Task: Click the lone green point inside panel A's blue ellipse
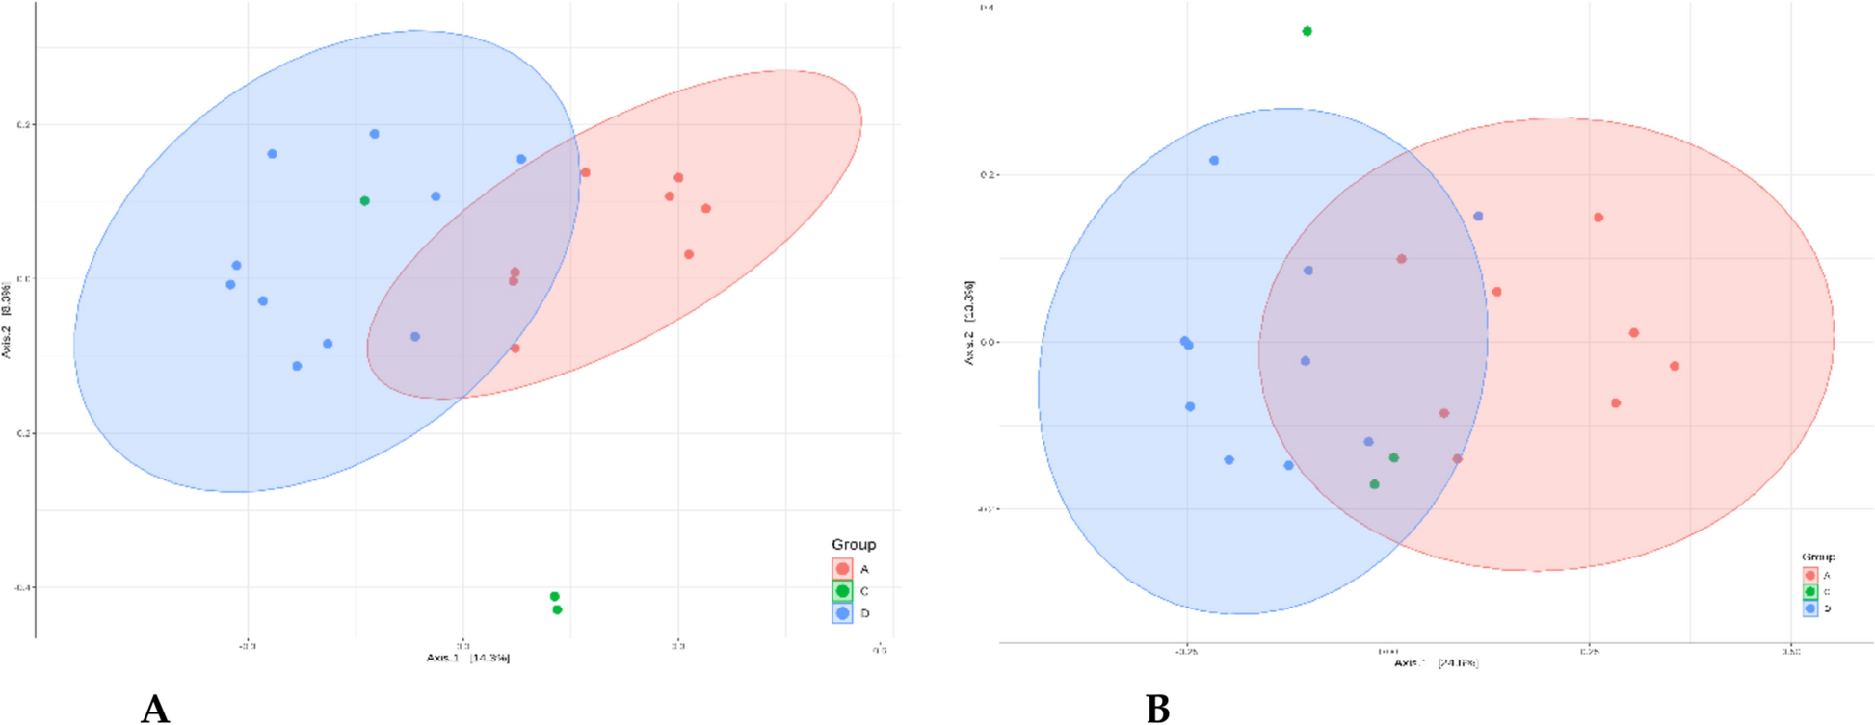point(364,201)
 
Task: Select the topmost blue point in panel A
point(374,134)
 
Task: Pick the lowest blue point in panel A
point(297,366)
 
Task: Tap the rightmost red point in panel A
point(706,208)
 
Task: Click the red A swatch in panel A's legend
point(842,569)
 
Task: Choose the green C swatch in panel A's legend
point(842,591)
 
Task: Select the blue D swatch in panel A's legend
point(842,613)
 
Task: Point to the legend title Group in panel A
point(853,545)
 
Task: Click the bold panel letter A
point(155,709)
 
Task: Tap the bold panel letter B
point(1157,709)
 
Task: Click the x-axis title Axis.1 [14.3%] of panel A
point(467,659)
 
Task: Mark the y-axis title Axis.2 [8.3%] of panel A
point(7,320)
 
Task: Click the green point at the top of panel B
point(1307,32)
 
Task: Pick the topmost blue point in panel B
point(1214,161)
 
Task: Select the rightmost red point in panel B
point(1675,366)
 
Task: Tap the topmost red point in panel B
point(1598,218)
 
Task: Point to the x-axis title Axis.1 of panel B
point(1436,663)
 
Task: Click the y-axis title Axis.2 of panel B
point(969,323)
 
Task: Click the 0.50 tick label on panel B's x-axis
point(1790,652)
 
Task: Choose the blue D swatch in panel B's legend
point(1810,608)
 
